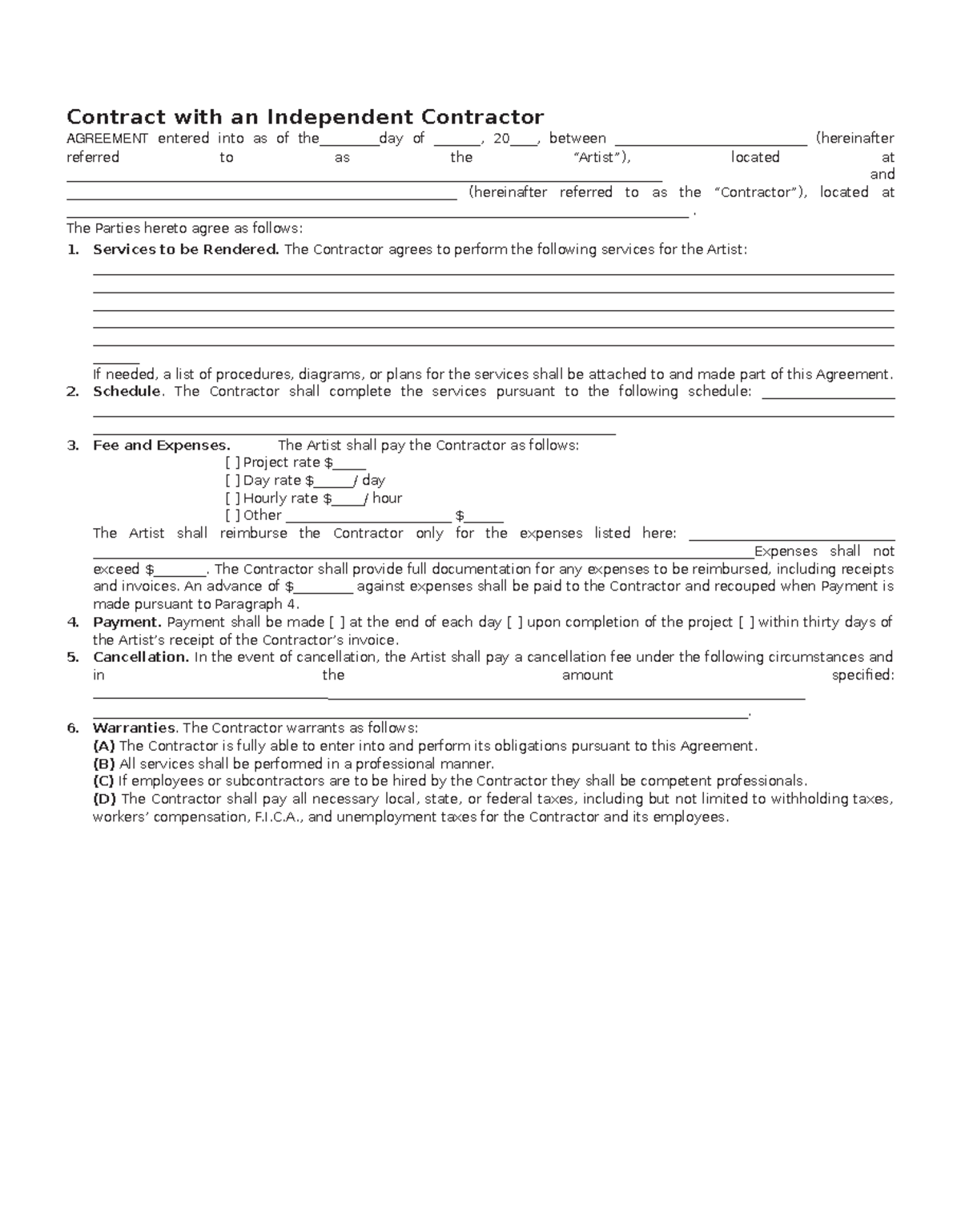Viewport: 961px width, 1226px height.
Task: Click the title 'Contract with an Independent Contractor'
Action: click(x=304, y=117)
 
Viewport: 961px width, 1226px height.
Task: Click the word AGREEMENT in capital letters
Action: click(x=107, y=139)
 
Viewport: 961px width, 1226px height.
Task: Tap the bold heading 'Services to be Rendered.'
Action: click(x=186, y=249)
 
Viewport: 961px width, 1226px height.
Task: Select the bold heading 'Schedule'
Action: click(x=127, y=392)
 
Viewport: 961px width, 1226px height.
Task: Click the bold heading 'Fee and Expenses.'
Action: click(x=161, y=446)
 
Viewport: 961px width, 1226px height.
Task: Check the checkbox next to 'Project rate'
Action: click(x=232, y=462)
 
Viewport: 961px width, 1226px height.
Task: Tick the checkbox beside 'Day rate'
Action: click(x=232, y=481)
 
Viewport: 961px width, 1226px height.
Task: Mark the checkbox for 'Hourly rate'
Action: click(x=232, y=498)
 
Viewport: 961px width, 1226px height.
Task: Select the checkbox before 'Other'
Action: click(x=232, y=516)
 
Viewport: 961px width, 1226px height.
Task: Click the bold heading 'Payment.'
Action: click(x=127, y=623)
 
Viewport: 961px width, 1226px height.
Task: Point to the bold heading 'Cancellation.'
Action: click(x=141, y=657)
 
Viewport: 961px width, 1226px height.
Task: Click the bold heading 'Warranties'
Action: click(x=134, y=728)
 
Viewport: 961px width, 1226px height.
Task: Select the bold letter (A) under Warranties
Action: click(x=104, y=746)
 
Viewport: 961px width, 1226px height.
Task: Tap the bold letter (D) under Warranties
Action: click(x=104, y=799)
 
